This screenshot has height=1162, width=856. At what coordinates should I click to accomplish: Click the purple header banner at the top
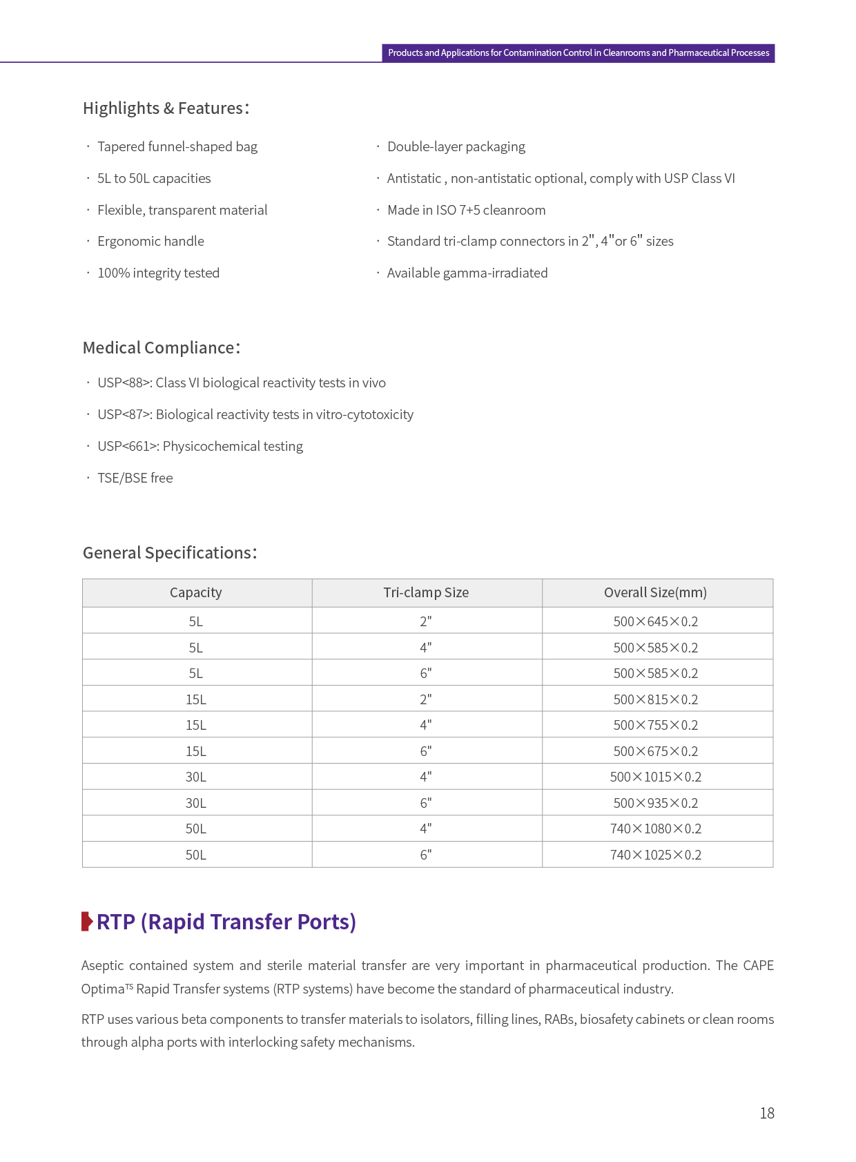(x=578, y=53)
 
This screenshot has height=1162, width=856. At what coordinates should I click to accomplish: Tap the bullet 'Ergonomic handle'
(x=150, y=242)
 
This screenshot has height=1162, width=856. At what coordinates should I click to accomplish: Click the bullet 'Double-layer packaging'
(x=456, y=147)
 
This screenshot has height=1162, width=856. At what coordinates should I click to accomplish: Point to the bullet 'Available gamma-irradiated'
(x=467, y=273)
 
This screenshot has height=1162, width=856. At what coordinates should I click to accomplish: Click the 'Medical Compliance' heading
(x=162, y=348)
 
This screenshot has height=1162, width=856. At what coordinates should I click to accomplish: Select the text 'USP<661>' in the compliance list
(x=128, y=447)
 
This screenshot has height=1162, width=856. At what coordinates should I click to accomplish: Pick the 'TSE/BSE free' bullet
(x=135, y=478)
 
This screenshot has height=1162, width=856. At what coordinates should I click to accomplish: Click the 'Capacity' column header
(x=196, y=593)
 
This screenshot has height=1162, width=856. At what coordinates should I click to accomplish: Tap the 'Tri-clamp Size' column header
(x=426, y=593)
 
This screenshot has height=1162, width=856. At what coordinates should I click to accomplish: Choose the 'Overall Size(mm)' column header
(x=655, y=593)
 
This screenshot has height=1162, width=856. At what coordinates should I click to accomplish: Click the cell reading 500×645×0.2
(x=655, y=622)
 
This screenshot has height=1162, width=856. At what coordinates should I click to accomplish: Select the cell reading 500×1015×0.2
(x=655, y=777)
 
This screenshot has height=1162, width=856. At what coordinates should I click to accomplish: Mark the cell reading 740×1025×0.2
(x=655, y=855)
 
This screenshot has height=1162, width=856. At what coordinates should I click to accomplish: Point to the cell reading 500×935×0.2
(x=655, y=804)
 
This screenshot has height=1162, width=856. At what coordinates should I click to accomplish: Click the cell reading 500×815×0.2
(x=655, y=700)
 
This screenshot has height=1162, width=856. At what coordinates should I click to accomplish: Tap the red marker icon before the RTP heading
(x=87, y=922)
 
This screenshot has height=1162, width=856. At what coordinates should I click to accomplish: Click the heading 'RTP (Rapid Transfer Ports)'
(x=226, y=922)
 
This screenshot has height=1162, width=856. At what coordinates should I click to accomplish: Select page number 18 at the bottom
(x=767, y=1114)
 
